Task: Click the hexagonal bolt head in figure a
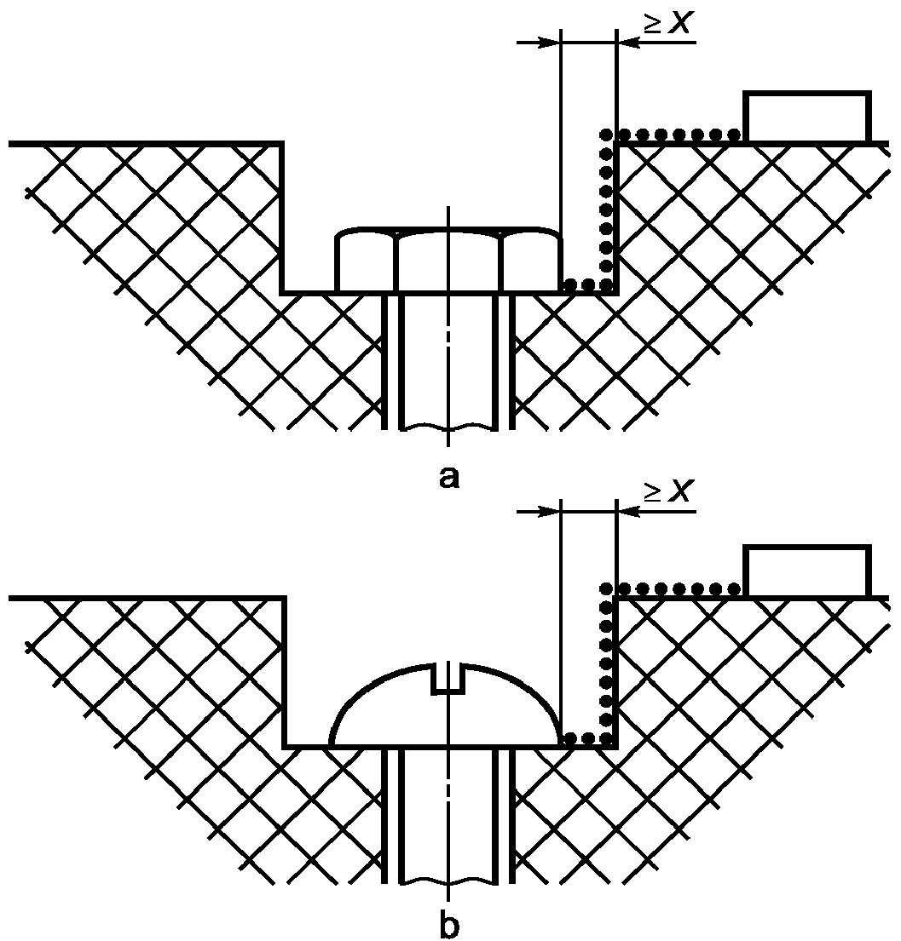click(448, 261)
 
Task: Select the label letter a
click(448, 478)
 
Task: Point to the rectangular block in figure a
click(807, 118)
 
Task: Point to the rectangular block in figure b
click(807, 571)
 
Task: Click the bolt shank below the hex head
click(448, 358)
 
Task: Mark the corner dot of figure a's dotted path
click(606, 135)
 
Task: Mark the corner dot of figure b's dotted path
click(606, 588)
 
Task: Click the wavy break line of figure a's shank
click(448, 425)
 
